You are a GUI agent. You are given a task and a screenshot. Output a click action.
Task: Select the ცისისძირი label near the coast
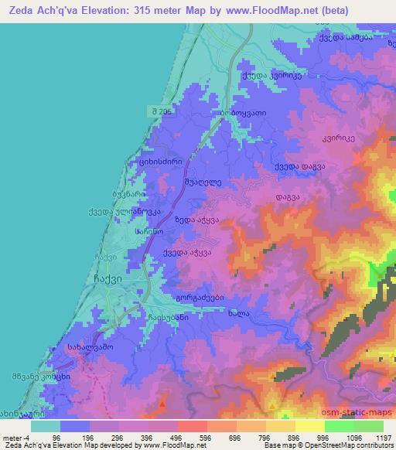155,162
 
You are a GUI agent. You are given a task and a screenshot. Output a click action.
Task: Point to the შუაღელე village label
203,182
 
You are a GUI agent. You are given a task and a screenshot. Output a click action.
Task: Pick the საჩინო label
148,231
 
